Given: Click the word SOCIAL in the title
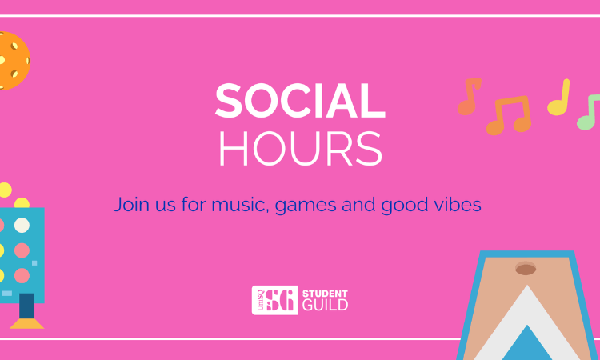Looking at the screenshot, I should [300, 102].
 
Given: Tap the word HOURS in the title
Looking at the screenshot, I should [300, 150].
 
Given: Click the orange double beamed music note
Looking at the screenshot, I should [509, 114].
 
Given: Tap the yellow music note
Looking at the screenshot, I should [559, 98].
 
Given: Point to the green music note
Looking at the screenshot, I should [589, 113].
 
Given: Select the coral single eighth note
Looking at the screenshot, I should [468, 97].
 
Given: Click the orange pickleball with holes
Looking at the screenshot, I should [11, 61].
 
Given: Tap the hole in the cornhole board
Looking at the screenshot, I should [526, 269].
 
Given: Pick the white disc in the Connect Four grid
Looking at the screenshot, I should [22, 225].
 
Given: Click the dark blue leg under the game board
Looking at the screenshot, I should [26, 305].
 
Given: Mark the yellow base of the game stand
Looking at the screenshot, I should [26, 323].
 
